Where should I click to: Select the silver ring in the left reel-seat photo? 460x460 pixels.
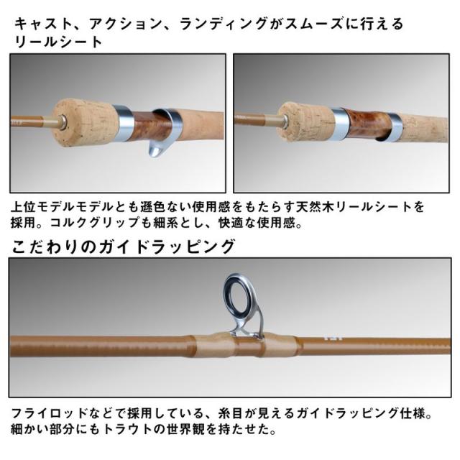pos(120,121)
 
